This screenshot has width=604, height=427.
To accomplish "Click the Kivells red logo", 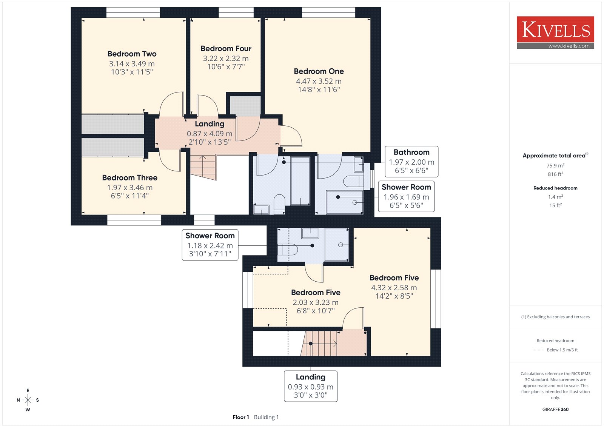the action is click(x=555, y=32).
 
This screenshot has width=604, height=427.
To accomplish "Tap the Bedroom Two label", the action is click(x=132, y=54).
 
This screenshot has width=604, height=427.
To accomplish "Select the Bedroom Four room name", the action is click(x=226, y=48).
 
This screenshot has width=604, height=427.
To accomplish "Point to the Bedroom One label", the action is click(x=319, y=71).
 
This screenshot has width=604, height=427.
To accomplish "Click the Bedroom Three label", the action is click(x=130, y=177).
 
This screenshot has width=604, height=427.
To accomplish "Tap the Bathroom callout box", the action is click(x=411, y=161).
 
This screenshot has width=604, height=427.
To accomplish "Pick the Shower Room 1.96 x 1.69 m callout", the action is click(x=406, y=196).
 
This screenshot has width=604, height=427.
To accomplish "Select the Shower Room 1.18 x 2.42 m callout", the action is click(x=210, y=245).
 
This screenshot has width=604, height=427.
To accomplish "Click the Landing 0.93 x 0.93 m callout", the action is click(x=311, y=386).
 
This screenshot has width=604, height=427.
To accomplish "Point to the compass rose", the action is click(x=28, y=400).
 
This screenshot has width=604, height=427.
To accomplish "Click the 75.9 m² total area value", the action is click(x=555, y=165).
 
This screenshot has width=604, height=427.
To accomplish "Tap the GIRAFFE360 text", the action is click(x=555, y=409).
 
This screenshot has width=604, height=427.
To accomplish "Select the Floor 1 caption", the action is click(x=241, y=417).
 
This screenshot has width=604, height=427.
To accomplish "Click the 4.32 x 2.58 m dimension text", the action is click(x=394, y=288).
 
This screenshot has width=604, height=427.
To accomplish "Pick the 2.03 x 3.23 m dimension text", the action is click(x=316, y=302).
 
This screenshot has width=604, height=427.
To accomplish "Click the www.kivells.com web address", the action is click(x=569, y=46).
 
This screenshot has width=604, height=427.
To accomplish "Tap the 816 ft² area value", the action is click(x=555, y=174).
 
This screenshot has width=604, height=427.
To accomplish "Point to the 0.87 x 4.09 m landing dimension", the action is click(x=210, y=134).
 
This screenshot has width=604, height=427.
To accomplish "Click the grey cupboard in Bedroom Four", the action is click(x=245, y=106).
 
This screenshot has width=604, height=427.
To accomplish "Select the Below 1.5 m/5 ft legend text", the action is click(x=562, y=350).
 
